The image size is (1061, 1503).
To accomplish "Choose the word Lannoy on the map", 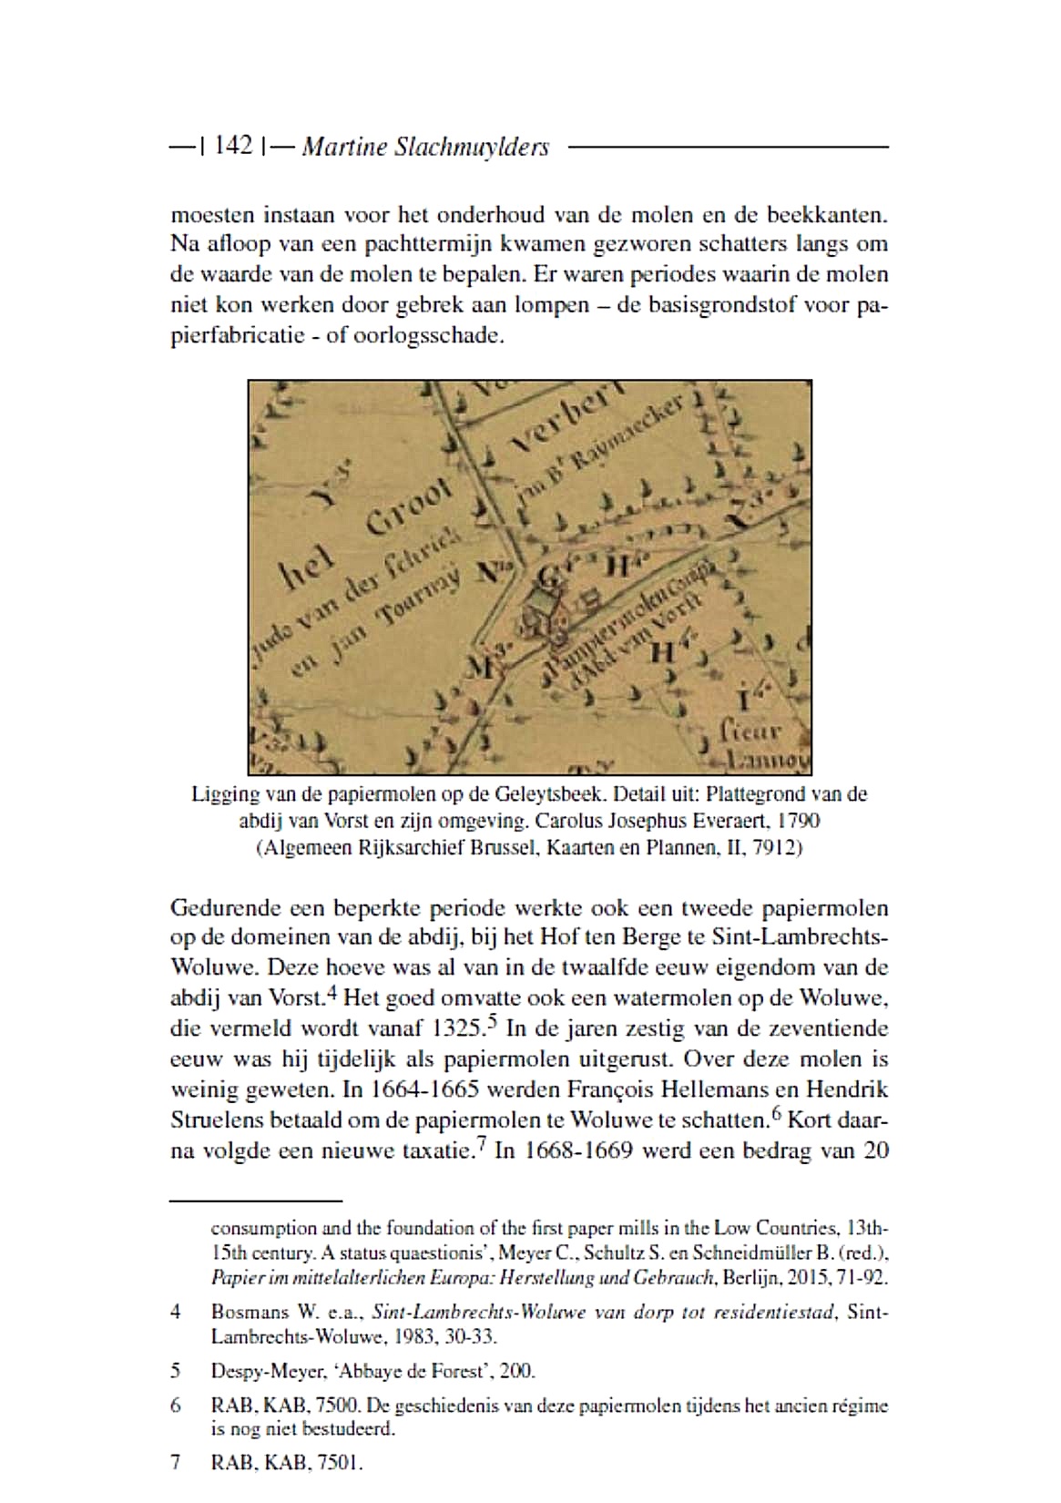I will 767,761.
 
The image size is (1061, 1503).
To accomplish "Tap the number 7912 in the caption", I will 774,848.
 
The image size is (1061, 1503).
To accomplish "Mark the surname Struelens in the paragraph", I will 215,1120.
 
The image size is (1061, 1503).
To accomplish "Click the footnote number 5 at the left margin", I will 175,1370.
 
